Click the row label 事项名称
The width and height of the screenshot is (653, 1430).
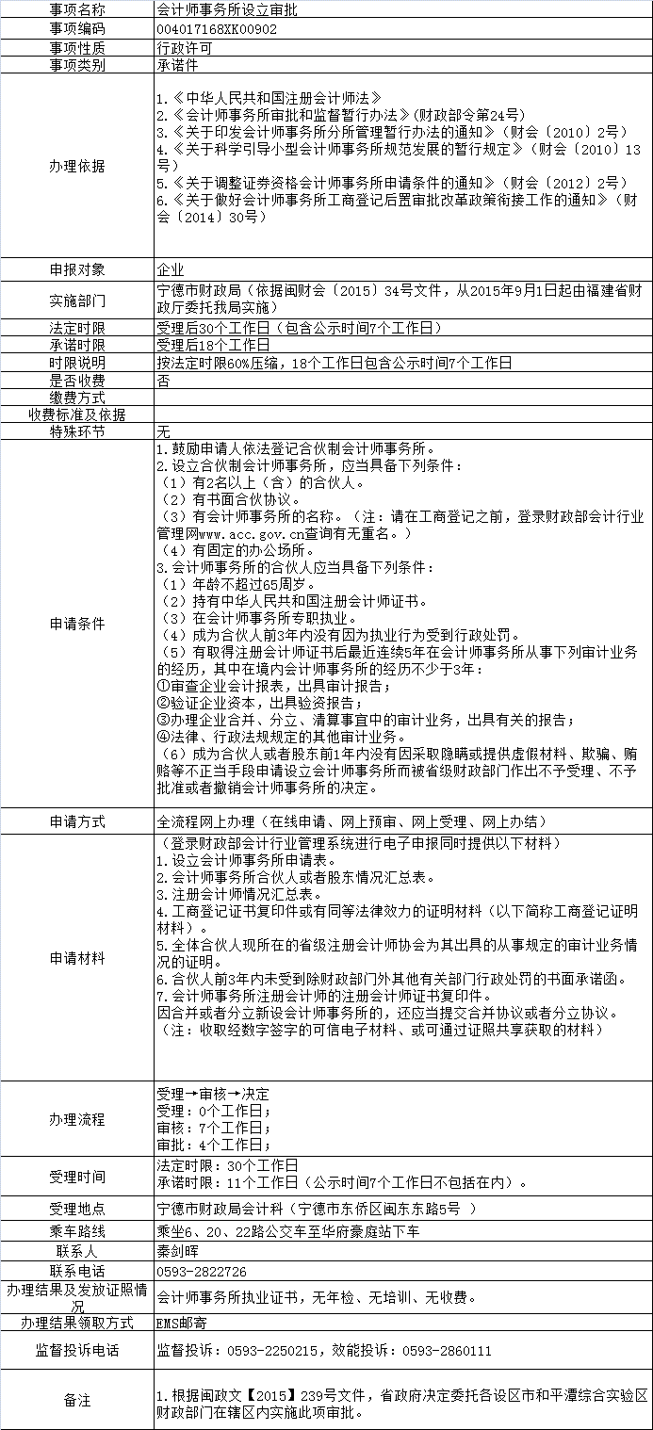(x=77, y=9)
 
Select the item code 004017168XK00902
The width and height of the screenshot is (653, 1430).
(x=217, y=29)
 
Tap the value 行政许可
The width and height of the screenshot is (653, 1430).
(x=186, y=47)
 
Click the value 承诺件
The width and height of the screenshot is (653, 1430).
(x=178, y=65)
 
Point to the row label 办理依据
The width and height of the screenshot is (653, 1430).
(x=77, y=166)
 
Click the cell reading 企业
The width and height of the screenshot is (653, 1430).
(x=171, y=269)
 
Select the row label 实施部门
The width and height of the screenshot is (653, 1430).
(x=77, y=301)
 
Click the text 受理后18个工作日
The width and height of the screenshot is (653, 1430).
(x=213, y=346)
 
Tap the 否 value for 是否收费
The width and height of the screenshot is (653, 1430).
(x=163, y=381)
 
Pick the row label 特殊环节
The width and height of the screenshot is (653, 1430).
(x=77, y=431)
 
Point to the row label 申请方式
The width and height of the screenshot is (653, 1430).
(x=77, y=821)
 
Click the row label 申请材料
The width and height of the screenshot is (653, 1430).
(x=77, y=958)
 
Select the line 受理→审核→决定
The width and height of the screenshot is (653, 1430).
(x=213, y=1094)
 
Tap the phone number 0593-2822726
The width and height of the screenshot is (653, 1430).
(x=202, y=1271)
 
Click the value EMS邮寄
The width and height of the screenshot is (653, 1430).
(x=182, y=1323)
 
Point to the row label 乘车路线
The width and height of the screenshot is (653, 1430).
(x=77, y=1232)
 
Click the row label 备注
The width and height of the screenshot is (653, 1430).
(x=77, y=1401)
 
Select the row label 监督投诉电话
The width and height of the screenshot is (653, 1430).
(x=77, y=1350)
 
